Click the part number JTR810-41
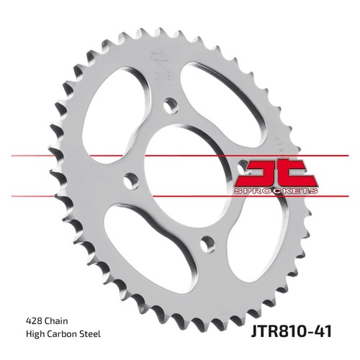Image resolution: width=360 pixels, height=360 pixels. click(x=292, y=331)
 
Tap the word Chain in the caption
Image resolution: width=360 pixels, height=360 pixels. click(x=56, y=321)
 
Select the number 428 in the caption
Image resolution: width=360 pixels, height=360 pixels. click(x=34, y=321)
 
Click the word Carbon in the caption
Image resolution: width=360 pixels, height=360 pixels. click(x=64, y=334)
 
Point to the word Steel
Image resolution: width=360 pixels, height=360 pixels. click(x=91, y=334)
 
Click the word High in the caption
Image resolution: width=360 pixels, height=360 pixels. click(x=35, y=334)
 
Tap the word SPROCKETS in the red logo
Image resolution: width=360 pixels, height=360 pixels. click(x=275, y=191)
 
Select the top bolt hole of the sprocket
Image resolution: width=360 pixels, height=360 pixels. click(x=171, y=105)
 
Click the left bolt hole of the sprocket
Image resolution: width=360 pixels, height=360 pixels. click(x=131, y=180)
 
